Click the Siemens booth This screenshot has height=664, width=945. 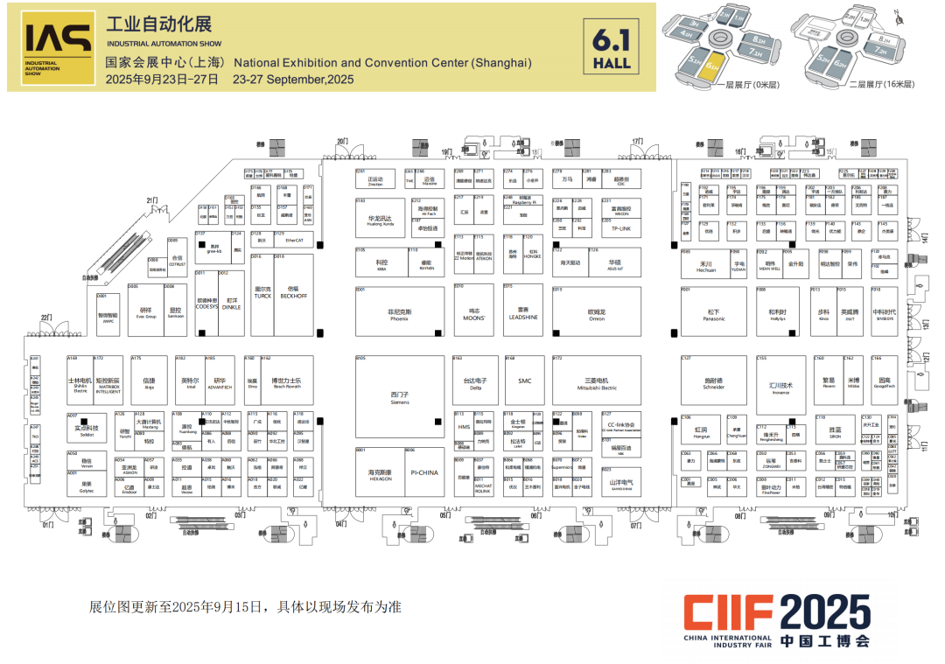(x=400, y=398)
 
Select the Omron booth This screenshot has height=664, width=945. (x=596, y=312)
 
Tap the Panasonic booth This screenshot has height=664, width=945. (x=713, y=312)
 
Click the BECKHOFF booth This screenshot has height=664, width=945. (x=293, y=295)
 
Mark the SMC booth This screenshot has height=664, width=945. (x=524, y=381)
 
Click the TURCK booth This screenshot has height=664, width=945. (x=262, y=295)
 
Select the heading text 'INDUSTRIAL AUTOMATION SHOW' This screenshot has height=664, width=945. (x=164, y=43)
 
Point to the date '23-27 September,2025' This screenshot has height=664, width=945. (x=293, y=79)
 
